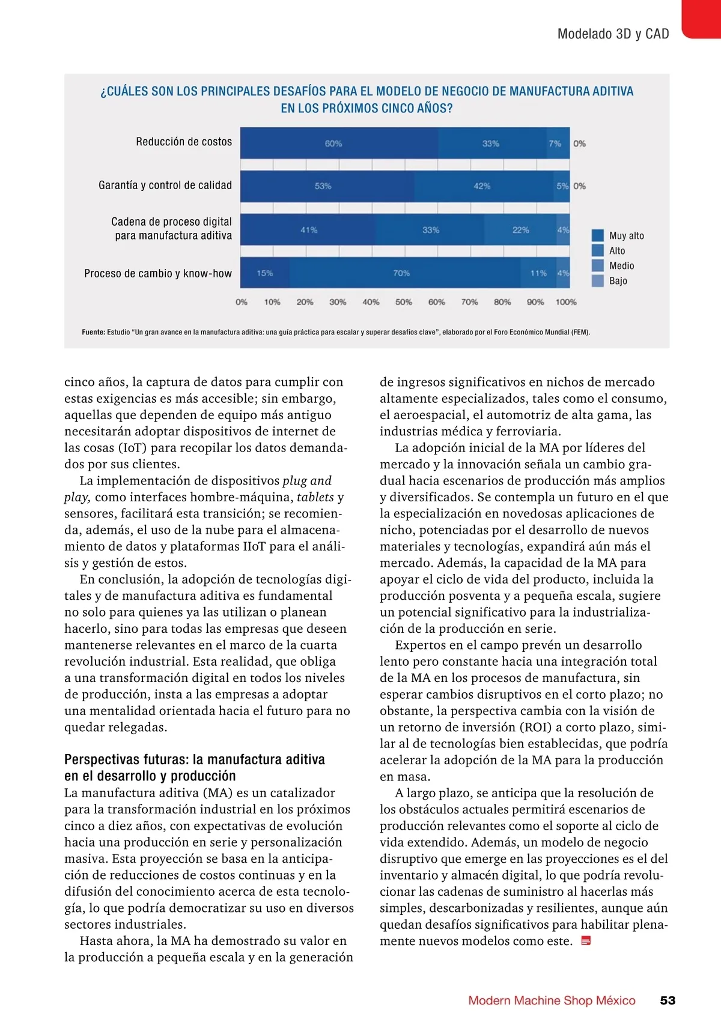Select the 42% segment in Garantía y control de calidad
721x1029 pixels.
click(482, 186)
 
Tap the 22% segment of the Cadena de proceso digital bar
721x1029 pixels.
click(520, 230)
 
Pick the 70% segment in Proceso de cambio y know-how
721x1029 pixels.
click(402, 273)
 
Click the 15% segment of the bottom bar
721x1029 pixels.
click(265, 273)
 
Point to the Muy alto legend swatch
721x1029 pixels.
click(598, 235)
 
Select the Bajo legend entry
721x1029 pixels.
click(618, 280)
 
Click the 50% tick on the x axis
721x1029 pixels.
click(404, 302)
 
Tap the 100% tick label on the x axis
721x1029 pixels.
click(566, 302)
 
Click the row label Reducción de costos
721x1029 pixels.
click(184, 142)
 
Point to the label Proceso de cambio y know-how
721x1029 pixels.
click(158, 273)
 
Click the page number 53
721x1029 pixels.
click(668, 1000)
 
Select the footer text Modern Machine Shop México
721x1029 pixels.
click(552, 1000)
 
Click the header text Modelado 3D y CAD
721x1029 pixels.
click(613, 34)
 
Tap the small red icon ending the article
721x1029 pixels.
click(586, 941)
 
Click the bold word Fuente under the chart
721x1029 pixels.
click(93, 332)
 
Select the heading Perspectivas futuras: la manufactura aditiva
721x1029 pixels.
click(195, 759)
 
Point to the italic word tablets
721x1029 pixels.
click(315, 497)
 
